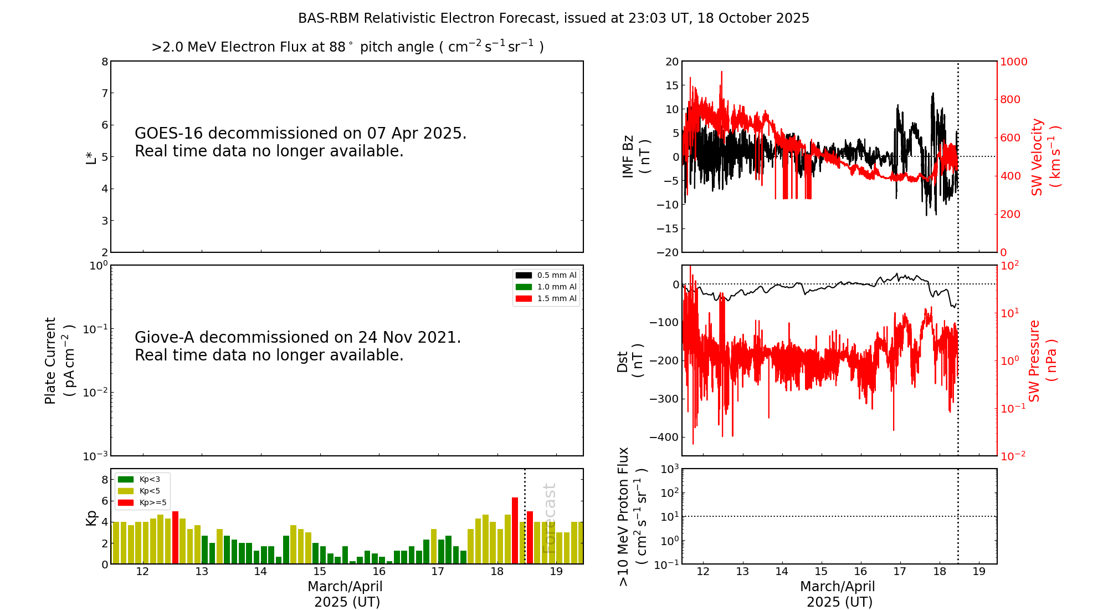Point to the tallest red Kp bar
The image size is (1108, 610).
tap(515, 530)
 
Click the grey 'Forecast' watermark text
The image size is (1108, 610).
tap(549, 518)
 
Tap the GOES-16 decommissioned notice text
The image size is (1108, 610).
tap(300, 142)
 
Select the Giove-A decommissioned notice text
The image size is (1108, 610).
tap(297, 346)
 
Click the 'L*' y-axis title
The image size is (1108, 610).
tap(91, 157)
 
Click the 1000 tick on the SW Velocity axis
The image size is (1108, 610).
tap(1013, 62)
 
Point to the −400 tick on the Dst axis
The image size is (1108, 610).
tap(664, 437)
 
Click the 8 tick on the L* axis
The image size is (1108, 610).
tap(105, 62)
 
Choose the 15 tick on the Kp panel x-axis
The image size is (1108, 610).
tap(320, 572)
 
